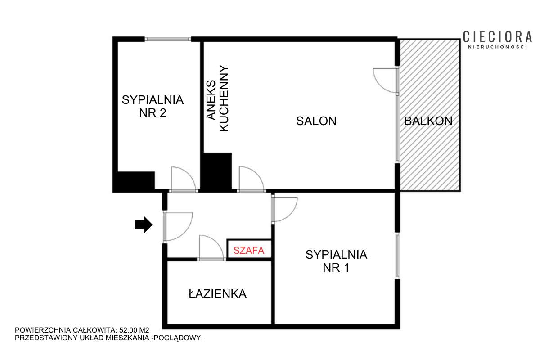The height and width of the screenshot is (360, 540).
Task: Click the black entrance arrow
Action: [144, 225]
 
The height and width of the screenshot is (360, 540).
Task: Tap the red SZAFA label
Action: [249, 251]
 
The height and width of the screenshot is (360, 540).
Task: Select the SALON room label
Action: [316, 121]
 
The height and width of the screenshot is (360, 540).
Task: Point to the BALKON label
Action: [428, 121]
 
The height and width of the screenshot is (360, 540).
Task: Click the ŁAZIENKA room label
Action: [217, 293]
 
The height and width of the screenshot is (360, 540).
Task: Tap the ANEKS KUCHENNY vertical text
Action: [218, 98]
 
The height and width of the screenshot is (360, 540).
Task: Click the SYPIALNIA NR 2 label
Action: [153, 106]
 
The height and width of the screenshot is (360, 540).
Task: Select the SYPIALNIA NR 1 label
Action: [336, 261]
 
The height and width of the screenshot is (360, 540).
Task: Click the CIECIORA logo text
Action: [497, 37]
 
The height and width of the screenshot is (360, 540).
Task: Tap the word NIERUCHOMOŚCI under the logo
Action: [498, 47]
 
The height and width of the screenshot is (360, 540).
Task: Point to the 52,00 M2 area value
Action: [134, 330]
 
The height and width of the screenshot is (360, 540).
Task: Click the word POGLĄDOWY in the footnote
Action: [178, 338]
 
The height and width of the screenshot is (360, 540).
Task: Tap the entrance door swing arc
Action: [185, 233]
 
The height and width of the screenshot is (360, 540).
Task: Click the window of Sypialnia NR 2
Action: [168, 39]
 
